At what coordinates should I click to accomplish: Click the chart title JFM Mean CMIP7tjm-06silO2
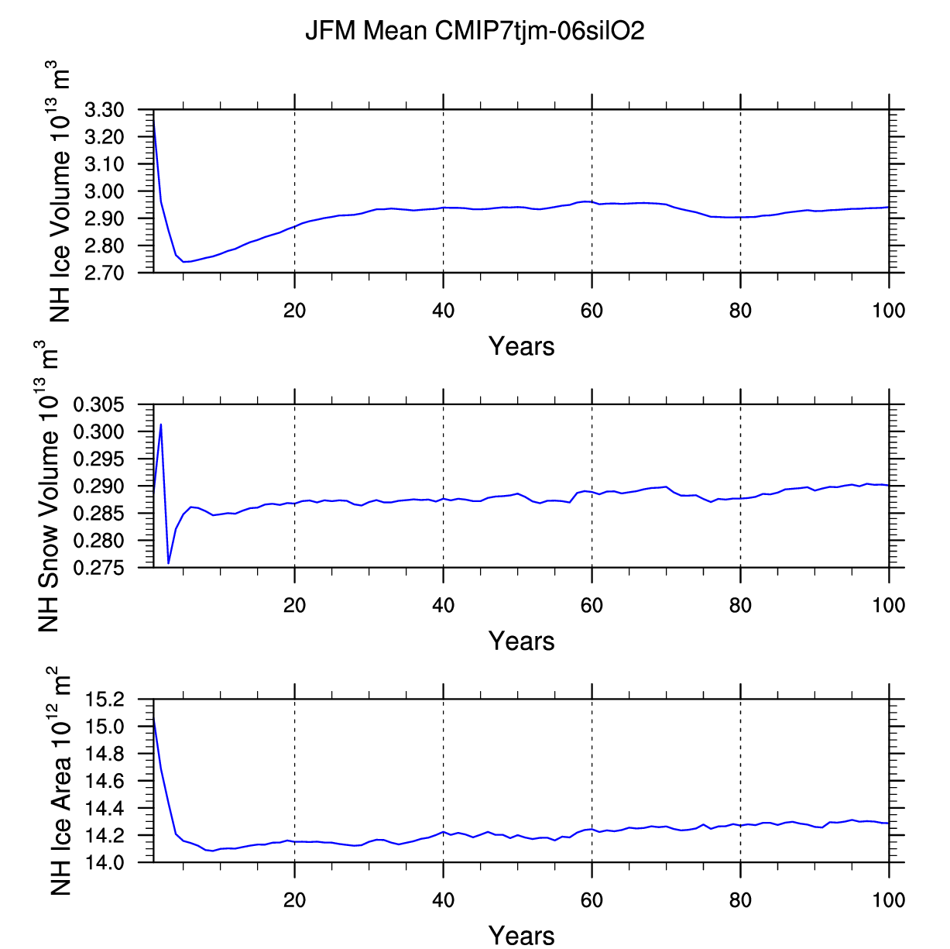475,31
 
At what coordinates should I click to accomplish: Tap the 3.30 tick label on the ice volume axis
105,109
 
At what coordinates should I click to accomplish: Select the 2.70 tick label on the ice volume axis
105,273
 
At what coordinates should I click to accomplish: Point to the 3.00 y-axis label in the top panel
105,191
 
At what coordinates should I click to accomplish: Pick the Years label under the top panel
521,346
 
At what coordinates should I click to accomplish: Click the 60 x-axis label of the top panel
592,311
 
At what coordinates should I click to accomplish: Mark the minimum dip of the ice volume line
184,262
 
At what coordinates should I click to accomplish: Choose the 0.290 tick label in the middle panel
98,486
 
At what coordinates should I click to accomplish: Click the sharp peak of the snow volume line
161,425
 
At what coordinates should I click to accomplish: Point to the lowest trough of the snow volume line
169,563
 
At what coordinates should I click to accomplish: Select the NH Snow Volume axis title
47,486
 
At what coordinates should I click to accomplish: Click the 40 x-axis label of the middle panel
443,606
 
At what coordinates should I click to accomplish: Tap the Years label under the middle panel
521,641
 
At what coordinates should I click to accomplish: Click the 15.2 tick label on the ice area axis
105,700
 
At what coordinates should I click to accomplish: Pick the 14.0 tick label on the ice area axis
105,863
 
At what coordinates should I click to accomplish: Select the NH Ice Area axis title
60,781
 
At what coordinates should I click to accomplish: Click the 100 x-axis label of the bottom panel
888,901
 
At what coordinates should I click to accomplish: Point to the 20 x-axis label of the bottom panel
294,901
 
